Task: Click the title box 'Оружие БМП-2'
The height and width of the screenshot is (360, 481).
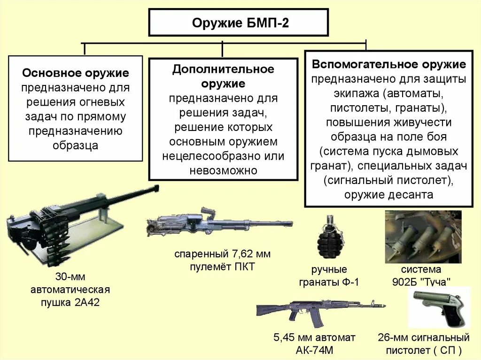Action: (239, 23)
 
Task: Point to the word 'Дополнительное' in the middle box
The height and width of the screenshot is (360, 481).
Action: (223, 69)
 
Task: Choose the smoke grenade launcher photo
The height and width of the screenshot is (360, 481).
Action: (423, 237)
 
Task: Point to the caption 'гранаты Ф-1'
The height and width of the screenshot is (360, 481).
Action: (329, 282)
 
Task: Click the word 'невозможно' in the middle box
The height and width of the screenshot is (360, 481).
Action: (223, 170)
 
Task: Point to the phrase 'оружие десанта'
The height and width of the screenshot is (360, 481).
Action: (388, 195)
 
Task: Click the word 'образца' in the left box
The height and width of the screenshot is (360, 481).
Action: (76, 146)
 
